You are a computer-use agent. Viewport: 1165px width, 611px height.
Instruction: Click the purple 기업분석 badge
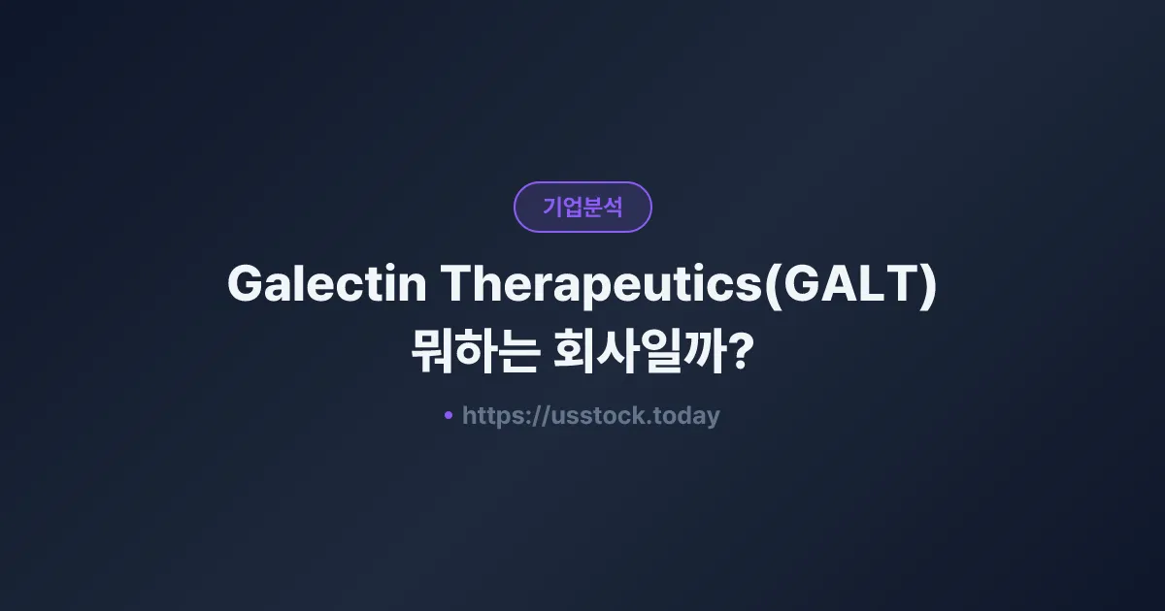582,207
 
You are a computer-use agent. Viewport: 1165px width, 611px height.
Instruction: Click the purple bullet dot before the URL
449,415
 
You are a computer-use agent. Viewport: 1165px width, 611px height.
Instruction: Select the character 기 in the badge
552,207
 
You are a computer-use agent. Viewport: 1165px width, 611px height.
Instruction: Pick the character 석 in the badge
613,207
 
